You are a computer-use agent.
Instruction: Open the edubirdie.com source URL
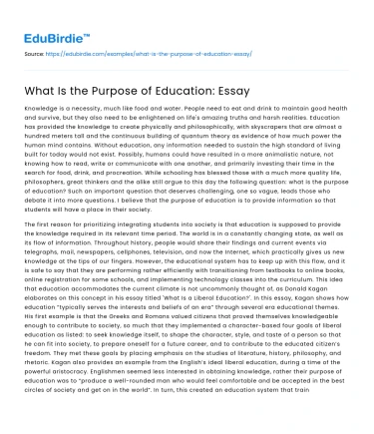pyautogui.click(x=159, y=49)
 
